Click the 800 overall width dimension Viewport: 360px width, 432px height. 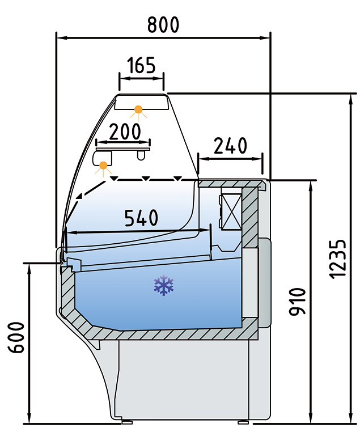163,24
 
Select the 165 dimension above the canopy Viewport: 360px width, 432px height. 141,65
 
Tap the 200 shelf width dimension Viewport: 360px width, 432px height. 124,131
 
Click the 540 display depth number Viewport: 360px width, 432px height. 141,218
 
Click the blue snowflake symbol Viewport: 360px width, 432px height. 164,286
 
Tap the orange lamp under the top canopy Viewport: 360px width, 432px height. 138,109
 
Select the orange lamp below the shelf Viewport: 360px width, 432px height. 103,166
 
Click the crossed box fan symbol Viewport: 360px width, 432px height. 230,211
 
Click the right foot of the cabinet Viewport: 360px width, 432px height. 244,421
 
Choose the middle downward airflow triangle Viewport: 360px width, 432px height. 146,179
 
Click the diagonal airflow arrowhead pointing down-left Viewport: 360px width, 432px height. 78,197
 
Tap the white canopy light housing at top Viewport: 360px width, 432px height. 142,101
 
